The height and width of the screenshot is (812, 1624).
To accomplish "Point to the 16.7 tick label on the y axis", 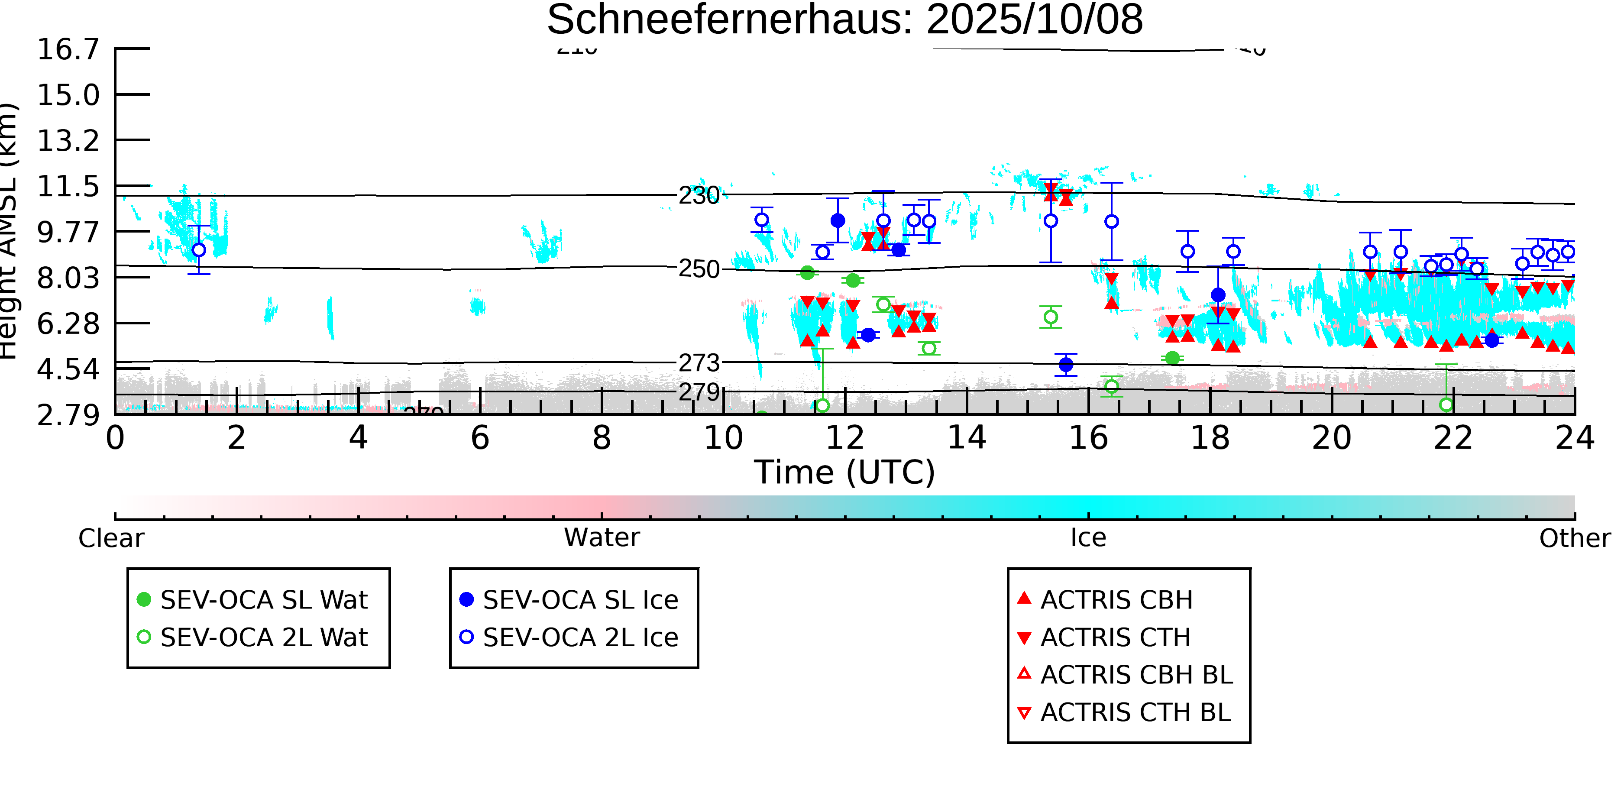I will [68, 49].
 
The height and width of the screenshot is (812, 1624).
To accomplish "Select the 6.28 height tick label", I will [68, 324].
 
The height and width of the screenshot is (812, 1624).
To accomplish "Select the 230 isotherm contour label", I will [699, 195].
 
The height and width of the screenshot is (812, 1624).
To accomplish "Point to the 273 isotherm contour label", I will [699, 363].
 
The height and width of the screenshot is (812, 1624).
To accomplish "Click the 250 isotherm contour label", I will [699, 269].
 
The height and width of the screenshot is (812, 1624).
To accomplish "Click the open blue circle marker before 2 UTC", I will [199, 249].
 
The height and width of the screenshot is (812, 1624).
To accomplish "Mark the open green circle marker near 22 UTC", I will [1446, 405].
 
